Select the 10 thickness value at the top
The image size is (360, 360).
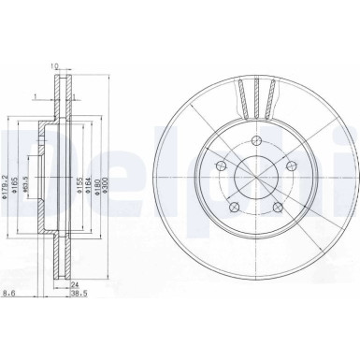[56, 66]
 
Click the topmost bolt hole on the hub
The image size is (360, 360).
[258, 142]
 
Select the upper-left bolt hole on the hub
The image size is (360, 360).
[220, 166]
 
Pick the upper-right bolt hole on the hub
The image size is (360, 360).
[294, 167]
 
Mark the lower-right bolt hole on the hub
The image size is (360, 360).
[280, 211]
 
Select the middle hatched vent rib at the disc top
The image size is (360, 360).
[257, 96]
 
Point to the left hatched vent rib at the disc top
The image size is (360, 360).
[240, 98]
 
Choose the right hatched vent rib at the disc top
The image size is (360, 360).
[274, 98]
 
